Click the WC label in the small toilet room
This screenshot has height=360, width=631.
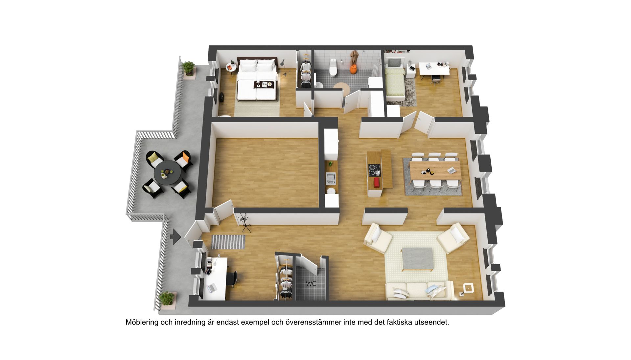pos(311,283)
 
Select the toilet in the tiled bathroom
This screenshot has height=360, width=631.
pos(333,67)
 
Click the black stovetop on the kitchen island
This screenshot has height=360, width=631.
pos(375,170)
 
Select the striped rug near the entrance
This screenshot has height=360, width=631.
pos(228,242)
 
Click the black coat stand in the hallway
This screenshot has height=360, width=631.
pos(244,221)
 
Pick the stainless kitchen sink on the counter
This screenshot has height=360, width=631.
pos(330,178)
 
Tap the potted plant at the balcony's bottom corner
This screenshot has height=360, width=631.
pos(167,299)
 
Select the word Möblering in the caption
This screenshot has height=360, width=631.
pos(142,323)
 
